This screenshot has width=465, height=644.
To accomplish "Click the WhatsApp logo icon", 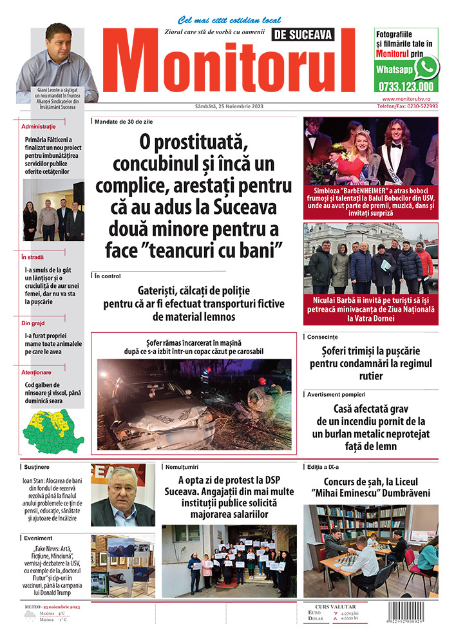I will click(x=426, y=68).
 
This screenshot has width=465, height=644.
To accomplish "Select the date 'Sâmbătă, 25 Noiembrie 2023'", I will click(x=229, y=106).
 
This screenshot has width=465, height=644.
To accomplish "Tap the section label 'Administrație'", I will click(x=39, y=126).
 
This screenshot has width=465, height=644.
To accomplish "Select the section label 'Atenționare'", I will click(x=37, y=372).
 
